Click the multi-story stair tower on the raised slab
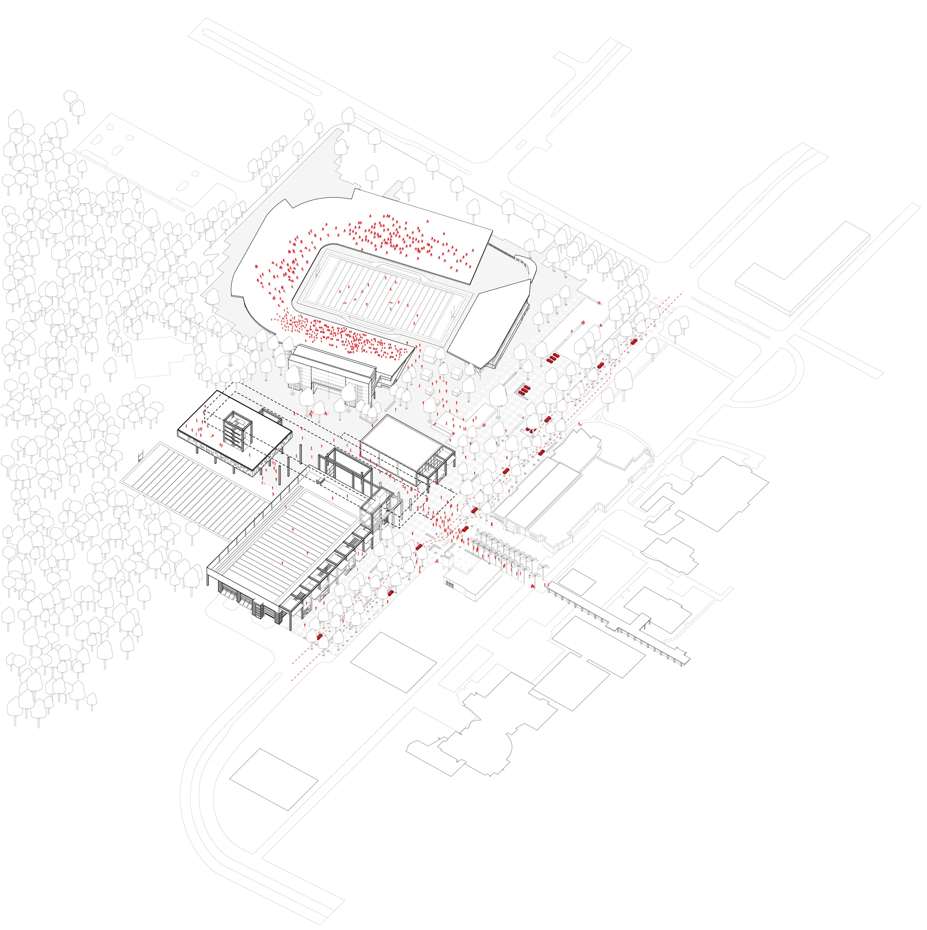[238, 430]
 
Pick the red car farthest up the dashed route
[634, 341]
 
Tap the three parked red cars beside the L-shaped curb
[553, 357]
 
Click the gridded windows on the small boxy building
[450, 584]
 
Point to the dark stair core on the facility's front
[259, 610]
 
